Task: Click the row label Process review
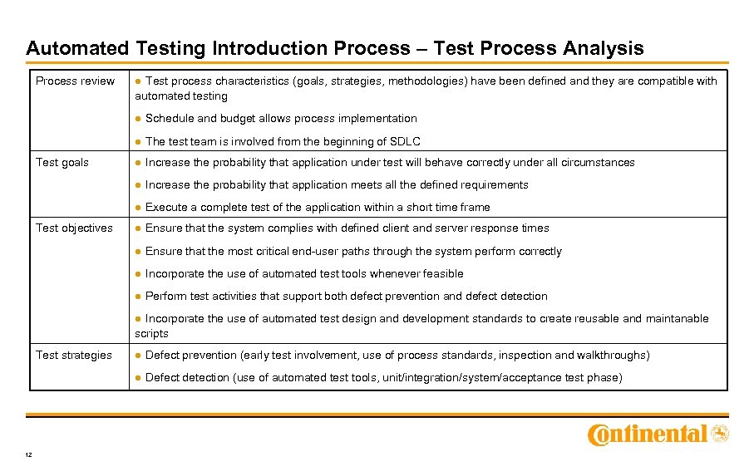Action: coord(75,81)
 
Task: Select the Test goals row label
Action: coord(62,163)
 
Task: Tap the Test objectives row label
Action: coord(74,228)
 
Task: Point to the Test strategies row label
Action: coord(73,356)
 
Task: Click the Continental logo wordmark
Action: coord(648,434)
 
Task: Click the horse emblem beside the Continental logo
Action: coord(721,433)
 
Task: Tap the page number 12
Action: coord(30,454)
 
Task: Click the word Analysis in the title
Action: coord(603,48)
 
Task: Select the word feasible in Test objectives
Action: coord(441,274)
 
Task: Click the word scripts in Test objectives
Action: coord(152,334)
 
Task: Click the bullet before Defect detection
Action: coord(139,378)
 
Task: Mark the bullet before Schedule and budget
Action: coord(139,119)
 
